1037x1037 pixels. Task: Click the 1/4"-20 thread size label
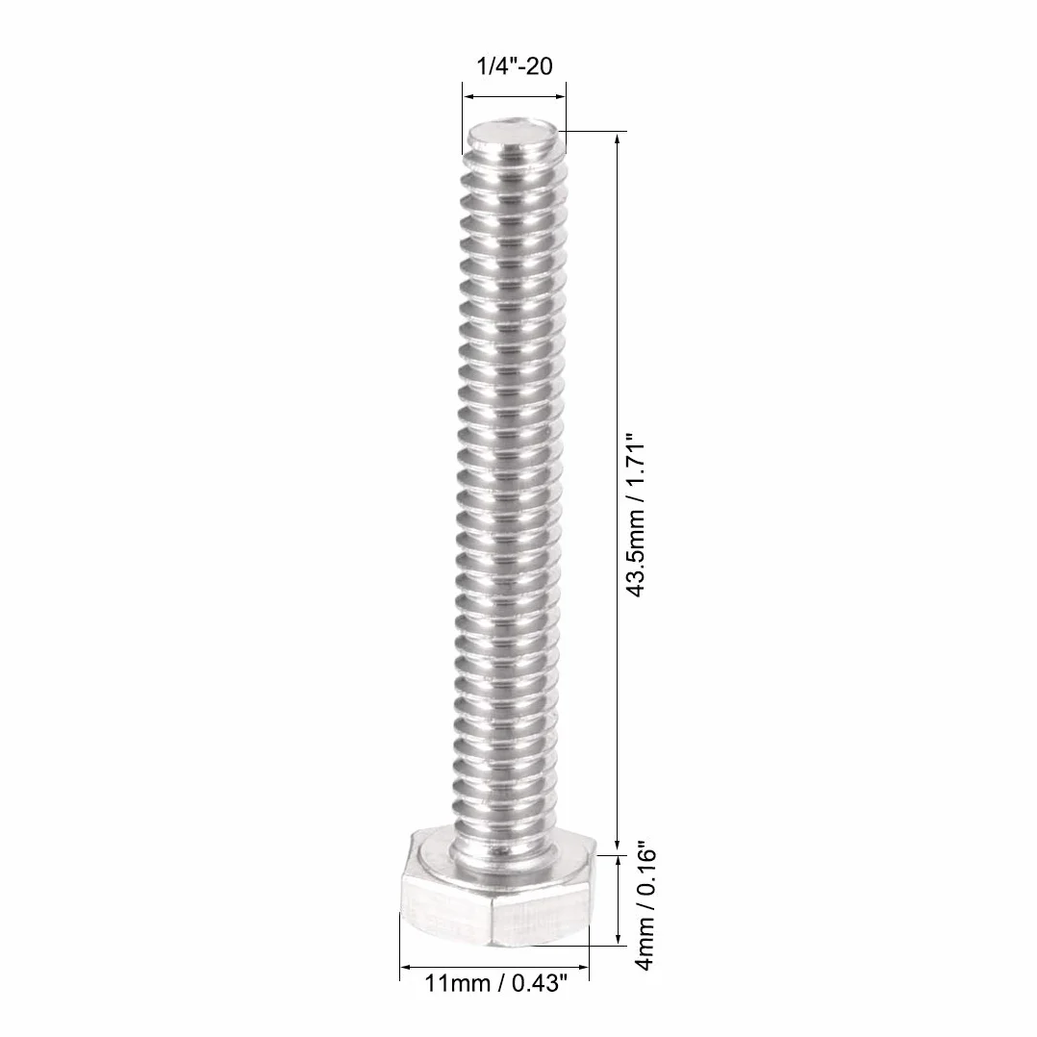[x=515, y=66]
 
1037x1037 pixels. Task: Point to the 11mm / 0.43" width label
[x=495, y=983]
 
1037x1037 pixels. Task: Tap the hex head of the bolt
[x=497, y=885]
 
